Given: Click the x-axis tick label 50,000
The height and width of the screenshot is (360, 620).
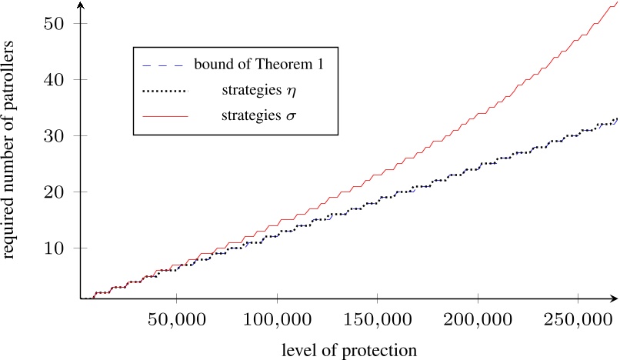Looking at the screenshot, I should click(177, 318).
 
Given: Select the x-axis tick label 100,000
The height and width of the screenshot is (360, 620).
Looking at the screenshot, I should click(278, 318).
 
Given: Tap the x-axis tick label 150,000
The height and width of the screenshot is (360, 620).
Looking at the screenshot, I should click(378, 318).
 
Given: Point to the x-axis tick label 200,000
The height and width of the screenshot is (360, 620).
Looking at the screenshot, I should click(478, 318).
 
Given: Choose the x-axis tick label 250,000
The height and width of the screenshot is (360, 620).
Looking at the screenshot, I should click(578, 318).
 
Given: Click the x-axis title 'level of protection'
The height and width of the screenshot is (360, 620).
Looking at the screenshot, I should click(350, 350).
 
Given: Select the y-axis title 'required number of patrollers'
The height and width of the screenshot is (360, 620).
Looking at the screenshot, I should click(10, 167).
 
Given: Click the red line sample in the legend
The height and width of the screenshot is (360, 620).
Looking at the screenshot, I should click(165, 116).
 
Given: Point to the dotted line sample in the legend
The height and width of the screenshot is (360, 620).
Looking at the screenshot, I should click(165, 91).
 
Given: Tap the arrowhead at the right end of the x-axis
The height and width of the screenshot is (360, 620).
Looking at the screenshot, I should click(615, 298).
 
